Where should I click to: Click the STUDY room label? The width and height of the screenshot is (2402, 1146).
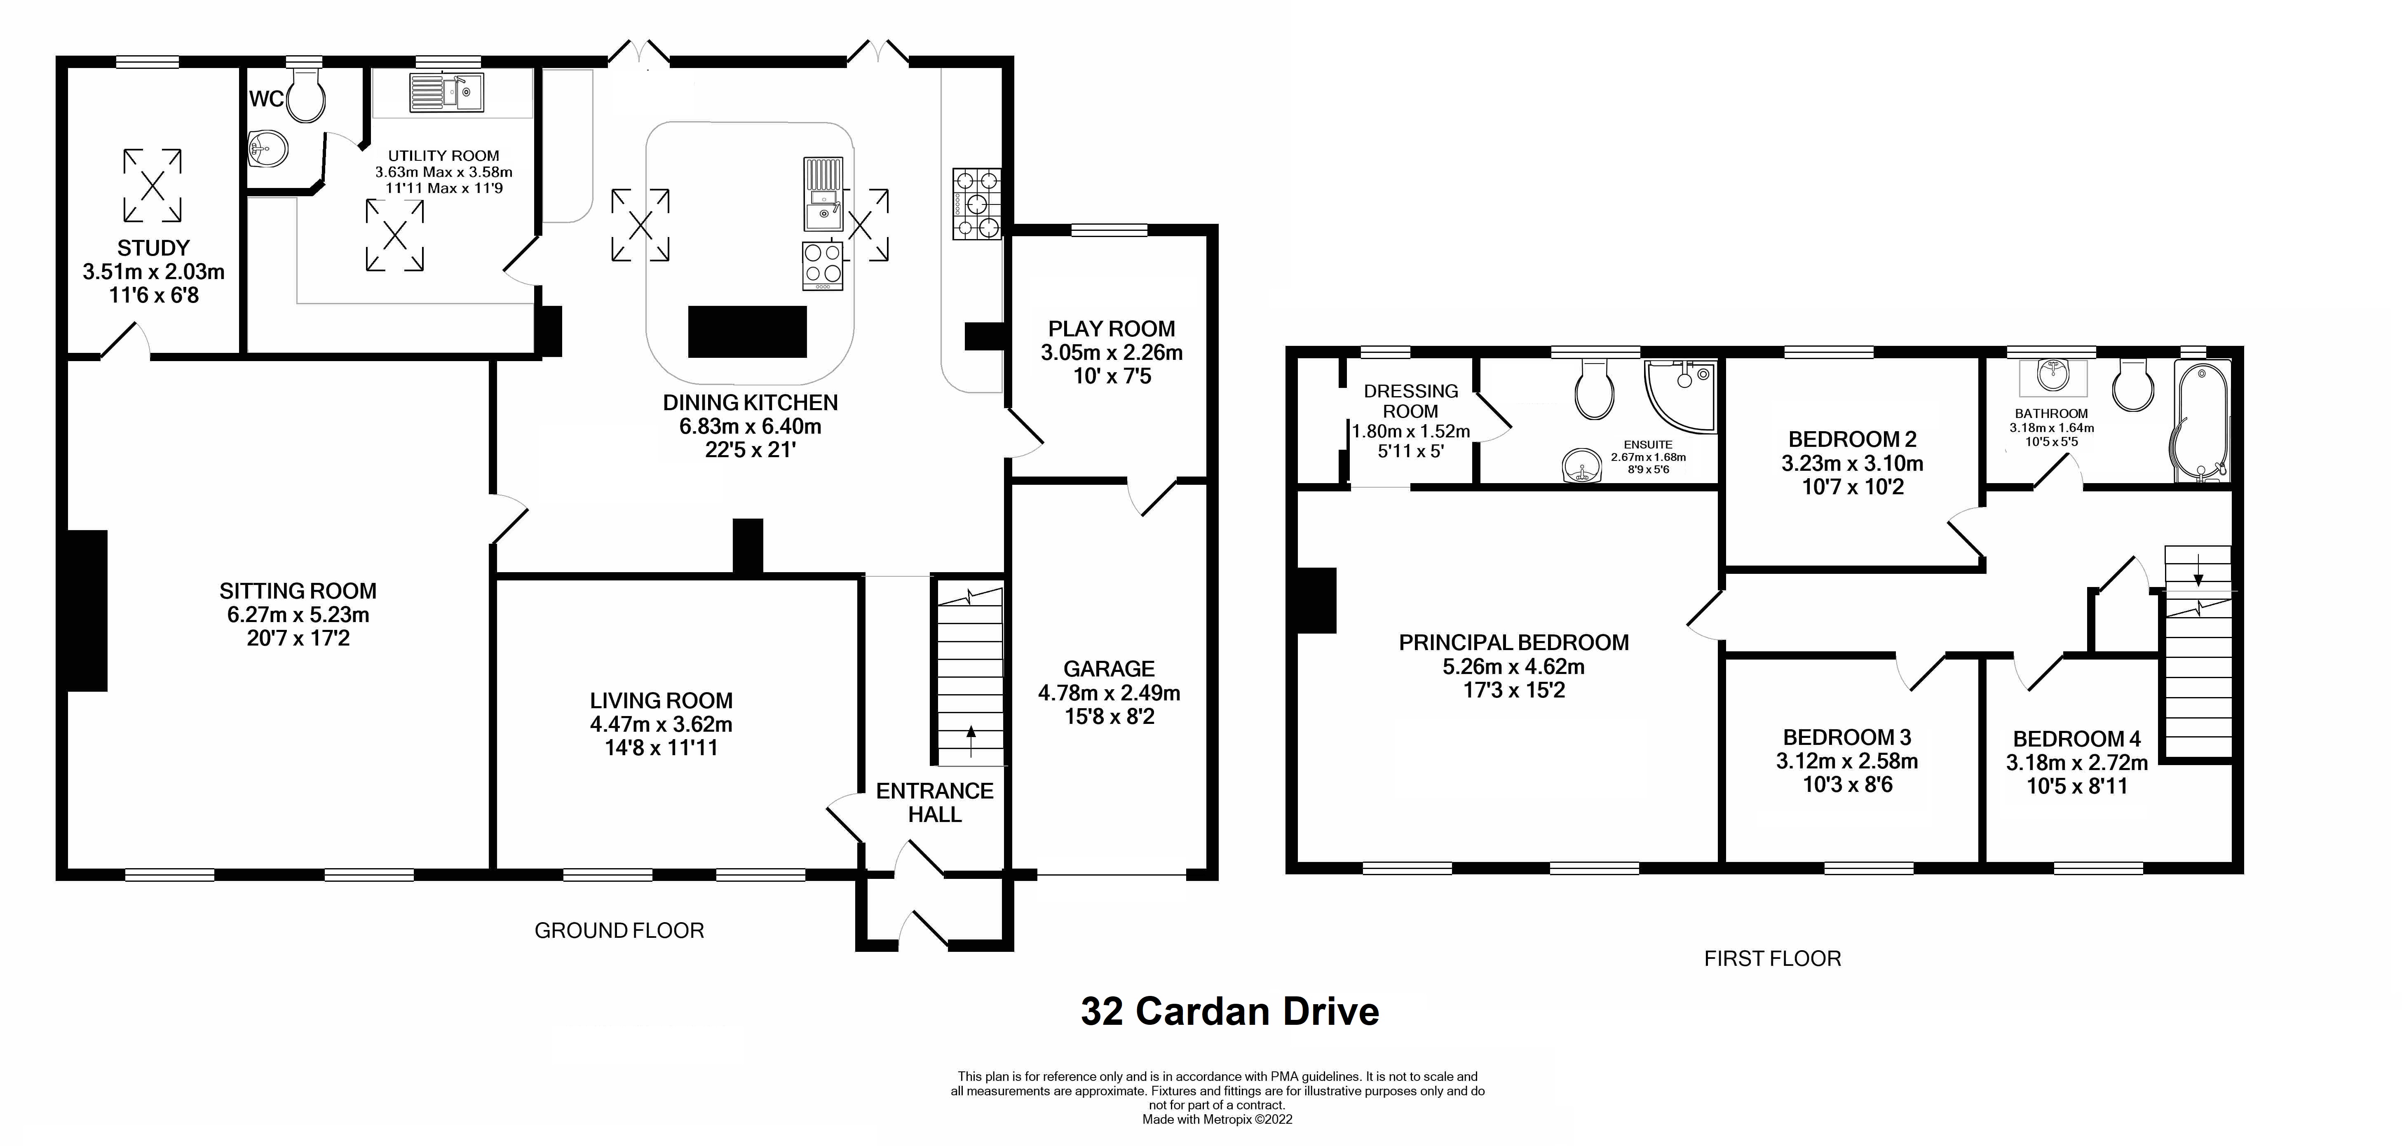154,248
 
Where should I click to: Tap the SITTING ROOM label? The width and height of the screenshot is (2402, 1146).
298,591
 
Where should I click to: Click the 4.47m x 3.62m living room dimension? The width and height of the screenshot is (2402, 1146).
661,725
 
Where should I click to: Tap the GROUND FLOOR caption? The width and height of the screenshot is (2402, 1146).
619,930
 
